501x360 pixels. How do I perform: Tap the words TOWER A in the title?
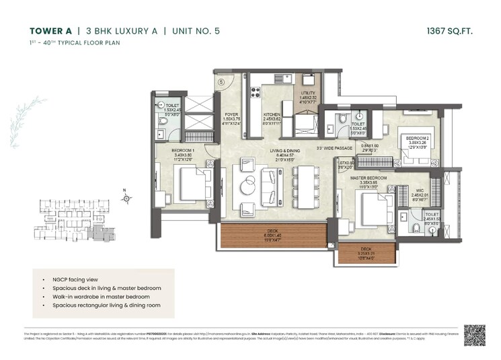(x=50, y=30)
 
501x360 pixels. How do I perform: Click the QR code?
(x=475, y=334)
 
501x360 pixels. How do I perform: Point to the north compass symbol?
(x=126, y=198)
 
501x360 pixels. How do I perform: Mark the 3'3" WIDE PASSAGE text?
(x=335, y=149)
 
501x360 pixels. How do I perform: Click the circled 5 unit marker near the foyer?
(x=221, y=82)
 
